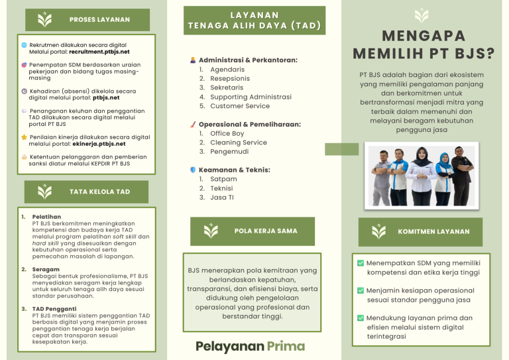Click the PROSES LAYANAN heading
pyautogui.click(x=99, y=20)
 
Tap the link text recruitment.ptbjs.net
pyautogui.click(x=99, y=51)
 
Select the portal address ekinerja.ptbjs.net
pyautogui.click(x=97, y=143)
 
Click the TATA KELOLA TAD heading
pyautogui.click(x=99, y=192)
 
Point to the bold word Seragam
pyautogui.click(x=45, y=269)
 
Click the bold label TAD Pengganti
pyautogui.click(x=54, y=309)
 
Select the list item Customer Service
pyautogui.click(x=239, y=106)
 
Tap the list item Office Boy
pyautogui.click(x=227, y=133)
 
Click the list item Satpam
pyautogui.click(x=223, y=179)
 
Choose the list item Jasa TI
pyautogui.click(x=221, y=198)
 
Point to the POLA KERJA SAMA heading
pyautogui.click(x=266, y=231)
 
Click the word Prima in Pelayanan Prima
pyautogui.click(x=286, y=345)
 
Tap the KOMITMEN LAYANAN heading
pyautogui.click(x=433, y=231)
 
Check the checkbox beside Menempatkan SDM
pyautogui.click(x=360, y=263)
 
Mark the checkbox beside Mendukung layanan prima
pyautogui.click(x=360, y=318)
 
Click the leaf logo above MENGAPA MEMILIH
pyautogui.click(x=422, y=15)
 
